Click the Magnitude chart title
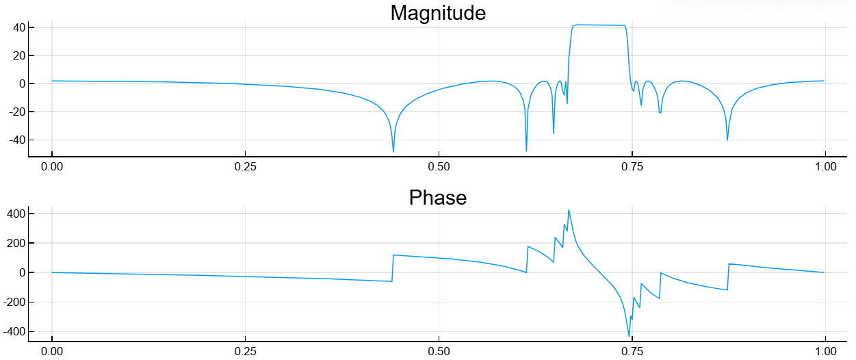click(438, 12)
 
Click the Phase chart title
click(438, 198)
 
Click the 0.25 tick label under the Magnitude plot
click(245, 166)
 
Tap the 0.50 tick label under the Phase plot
click(439, 350)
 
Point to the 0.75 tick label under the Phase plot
click(632, 350)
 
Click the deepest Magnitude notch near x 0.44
click(393, 151)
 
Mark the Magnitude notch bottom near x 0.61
click(526, 151)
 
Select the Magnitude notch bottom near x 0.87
click(727, 140)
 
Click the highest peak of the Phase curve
click(569, 210)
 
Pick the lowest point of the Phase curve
click(630, 336)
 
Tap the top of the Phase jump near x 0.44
click(393, 255)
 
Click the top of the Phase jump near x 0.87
click(729, 263)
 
